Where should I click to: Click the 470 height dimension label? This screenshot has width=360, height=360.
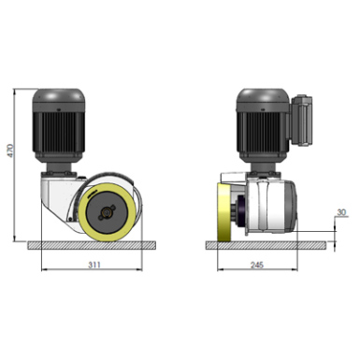pos(10,151)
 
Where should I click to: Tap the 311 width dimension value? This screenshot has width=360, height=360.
pos(94,265)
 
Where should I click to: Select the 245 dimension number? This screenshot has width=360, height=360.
pos(257,265)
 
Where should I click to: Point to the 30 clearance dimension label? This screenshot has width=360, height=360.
pos(341,212)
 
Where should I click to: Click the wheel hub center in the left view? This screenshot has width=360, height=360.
pos(107,213)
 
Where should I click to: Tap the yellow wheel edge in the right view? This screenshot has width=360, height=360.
pos(223,213)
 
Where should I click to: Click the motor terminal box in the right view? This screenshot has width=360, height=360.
pos(301,120)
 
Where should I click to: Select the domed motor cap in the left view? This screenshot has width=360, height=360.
pos(58,96)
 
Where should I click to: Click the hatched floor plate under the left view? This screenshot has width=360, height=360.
pos(92,245)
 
